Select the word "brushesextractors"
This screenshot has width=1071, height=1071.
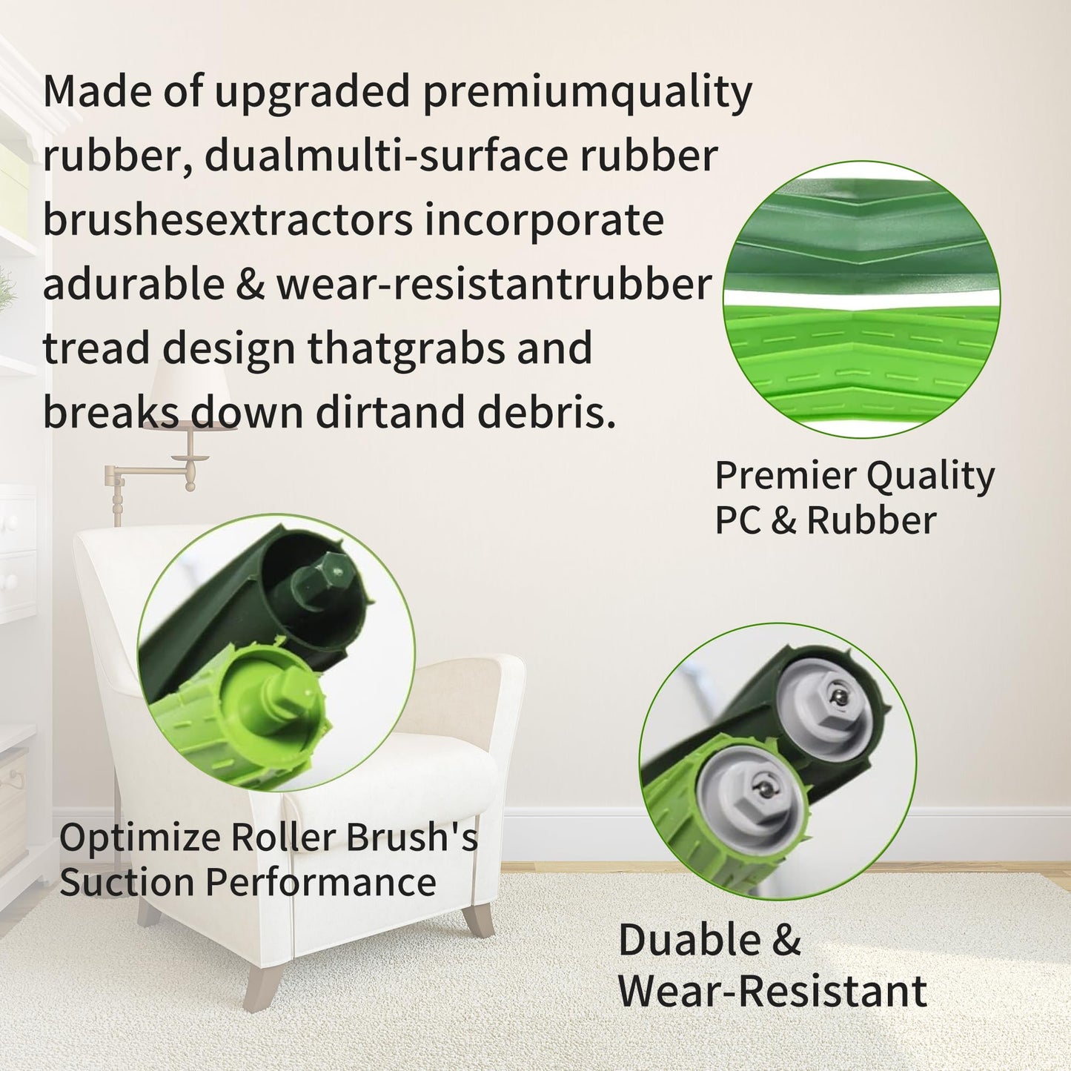click(227, 220)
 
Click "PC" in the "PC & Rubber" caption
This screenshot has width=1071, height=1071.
click(737, 520)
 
